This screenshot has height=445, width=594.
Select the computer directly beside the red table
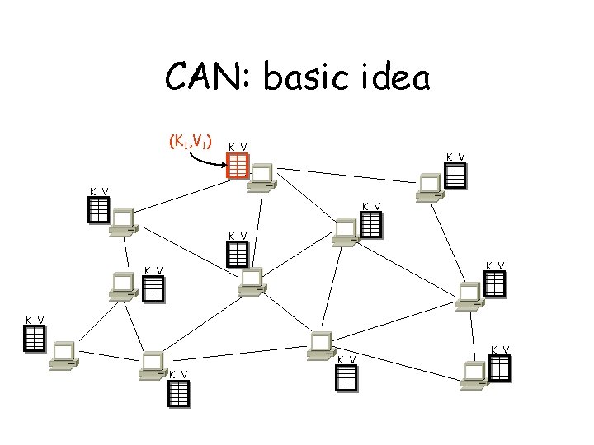(x=263, y=177)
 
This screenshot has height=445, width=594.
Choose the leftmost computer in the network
(x=62, y=354)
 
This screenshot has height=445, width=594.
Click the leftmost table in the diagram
(x=34, y=338)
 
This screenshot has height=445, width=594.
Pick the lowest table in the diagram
(x=179, y=394)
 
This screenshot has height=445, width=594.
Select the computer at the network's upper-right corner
(x=429, y=187)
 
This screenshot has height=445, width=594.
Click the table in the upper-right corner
(x=455, y=175)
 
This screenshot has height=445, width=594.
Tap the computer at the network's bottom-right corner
(x=476, y=373)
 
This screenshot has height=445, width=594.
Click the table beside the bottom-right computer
(x=500, y=368)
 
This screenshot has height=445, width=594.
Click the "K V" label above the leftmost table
(x=35, y=320)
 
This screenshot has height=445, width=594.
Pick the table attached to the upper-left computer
(x=98, y=212)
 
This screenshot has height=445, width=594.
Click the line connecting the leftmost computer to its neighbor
(x=106, y=359)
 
